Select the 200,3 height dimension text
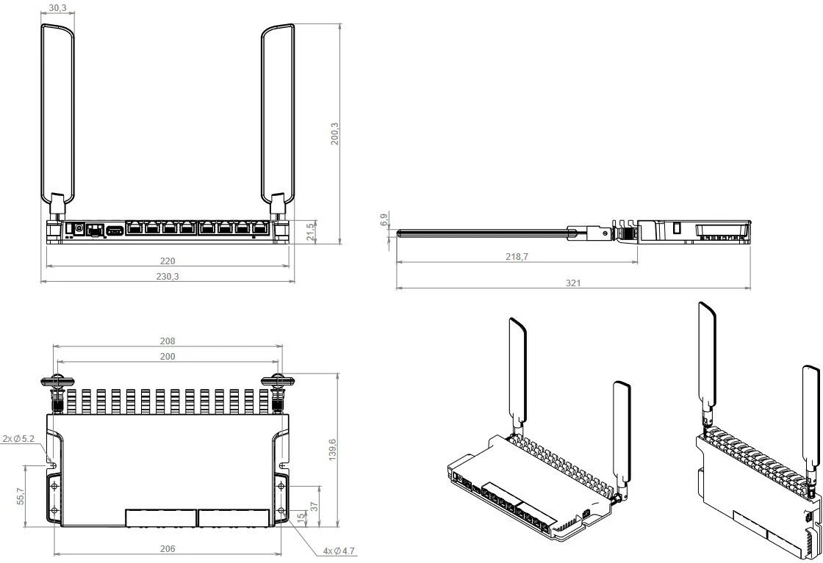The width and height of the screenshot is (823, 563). (335, 134)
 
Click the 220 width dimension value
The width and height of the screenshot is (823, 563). (167, 261)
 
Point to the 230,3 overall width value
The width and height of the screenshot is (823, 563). (167, 276)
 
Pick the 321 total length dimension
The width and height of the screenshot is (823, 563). (573, 283)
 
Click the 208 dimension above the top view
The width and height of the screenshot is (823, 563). (168, 341)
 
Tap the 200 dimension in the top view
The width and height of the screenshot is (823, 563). (168, 355)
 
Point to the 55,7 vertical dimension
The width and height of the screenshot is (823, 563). (21, 495)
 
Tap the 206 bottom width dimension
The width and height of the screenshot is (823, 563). (168, 548)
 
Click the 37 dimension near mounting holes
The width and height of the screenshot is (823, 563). (314, 506)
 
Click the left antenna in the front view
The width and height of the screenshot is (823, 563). (57, 110)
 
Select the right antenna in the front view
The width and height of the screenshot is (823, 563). (278, 110)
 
